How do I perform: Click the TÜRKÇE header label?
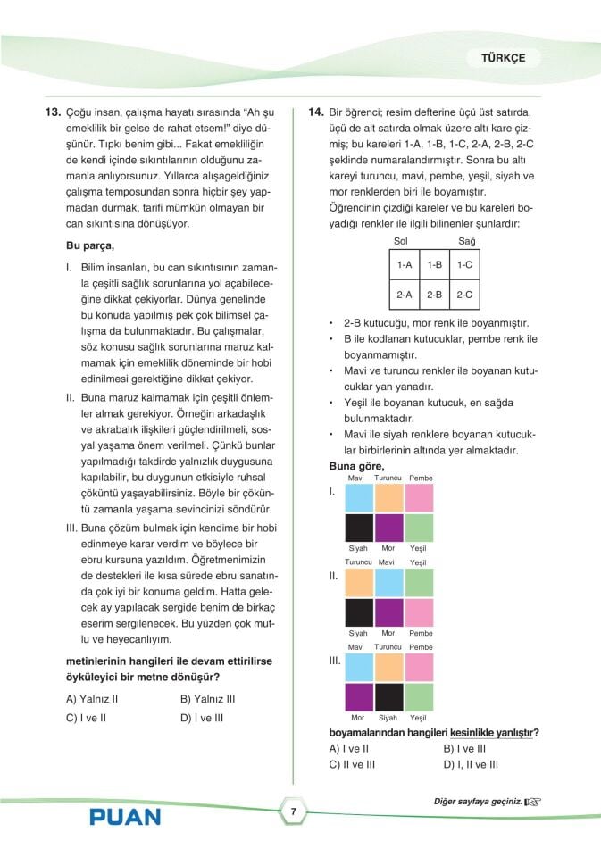pos(504,58)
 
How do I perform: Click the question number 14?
pos(315,113)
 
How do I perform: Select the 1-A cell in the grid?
pos(405,265)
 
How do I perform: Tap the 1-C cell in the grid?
pos(464,265)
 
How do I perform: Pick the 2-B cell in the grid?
pos(435,294)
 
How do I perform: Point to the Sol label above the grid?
pos(400,242)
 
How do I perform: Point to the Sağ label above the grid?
pos(467,242)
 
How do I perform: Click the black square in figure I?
pos(358,528)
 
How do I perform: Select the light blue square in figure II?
pos(388,583)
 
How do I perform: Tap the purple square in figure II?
pos(388,612)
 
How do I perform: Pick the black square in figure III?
pos(388,696)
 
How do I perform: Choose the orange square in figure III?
pos(388,667)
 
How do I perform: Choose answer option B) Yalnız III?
pos(207,699)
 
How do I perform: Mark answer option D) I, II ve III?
pos(471,764)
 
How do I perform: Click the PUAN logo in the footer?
pos(125,816)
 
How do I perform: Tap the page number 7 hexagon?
pos(293,811)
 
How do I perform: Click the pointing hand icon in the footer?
pos(533,802)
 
